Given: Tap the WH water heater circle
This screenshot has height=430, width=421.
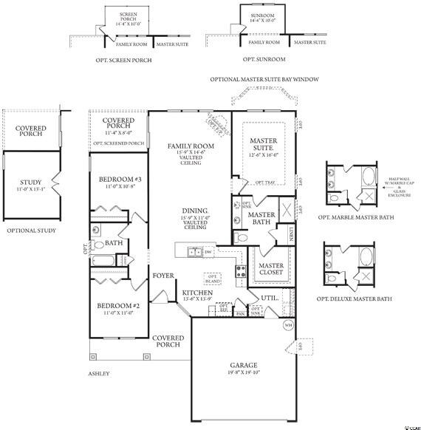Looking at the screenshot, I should (287, 324).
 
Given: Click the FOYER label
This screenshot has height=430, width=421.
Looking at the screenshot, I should (163, 276).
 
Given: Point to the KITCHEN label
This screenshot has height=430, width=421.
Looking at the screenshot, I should (197, 293).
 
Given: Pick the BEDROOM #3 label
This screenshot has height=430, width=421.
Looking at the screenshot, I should (119, 179).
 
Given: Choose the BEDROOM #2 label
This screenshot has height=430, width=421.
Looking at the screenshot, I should (118, 305).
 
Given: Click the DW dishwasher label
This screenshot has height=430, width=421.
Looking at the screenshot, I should (208, 252).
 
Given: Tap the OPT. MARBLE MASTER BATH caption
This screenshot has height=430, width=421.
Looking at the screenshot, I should (355, 218).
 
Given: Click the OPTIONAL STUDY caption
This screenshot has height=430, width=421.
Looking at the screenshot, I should (31, 231).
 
